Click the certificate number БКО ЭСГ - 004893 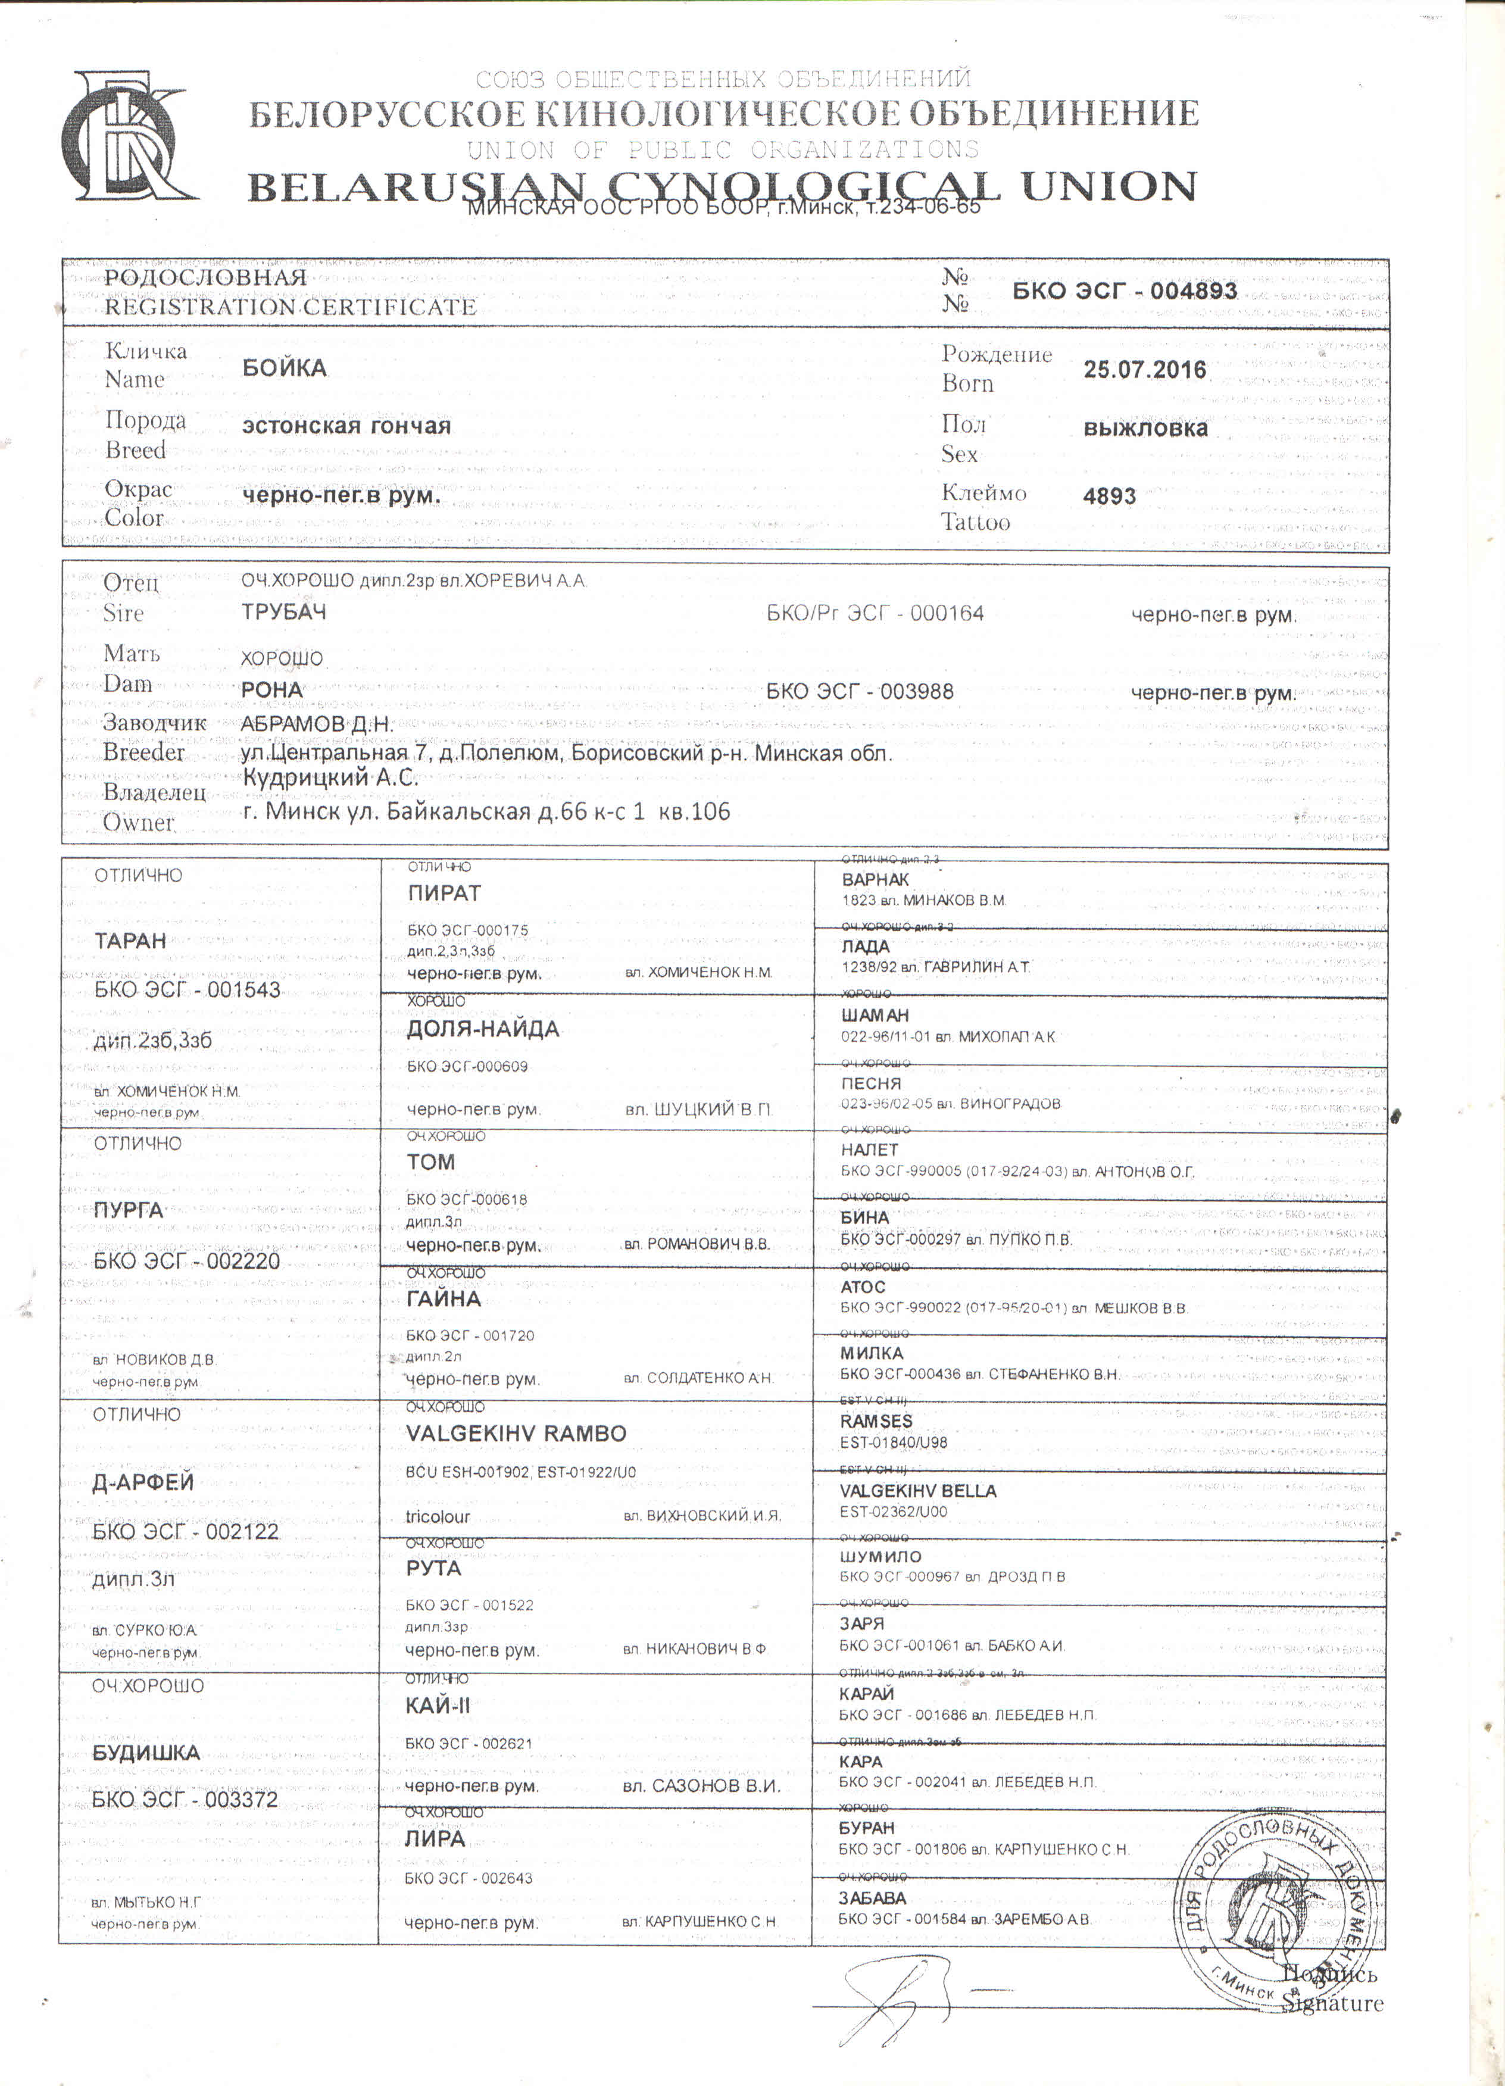click(x=1124, y=292)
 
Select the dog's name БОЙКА click(x=284, y=368)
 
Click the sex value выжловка click(x=1145, y=429)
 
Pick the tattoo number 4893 click(x=1110, y=496)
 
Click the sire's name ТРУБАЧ click(x=283, y=613)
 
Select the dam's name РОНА click(x=271, y=690)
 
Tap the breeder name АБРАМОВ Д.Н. click(x=317, y=724)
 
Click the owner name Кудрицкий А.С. click(x=329, y=777)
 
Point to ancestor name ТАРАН click(x=130, y=941)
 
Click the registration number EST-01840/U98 click(x=892, y=1442)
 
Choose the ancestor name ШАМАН click(x=875, y=1016)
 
